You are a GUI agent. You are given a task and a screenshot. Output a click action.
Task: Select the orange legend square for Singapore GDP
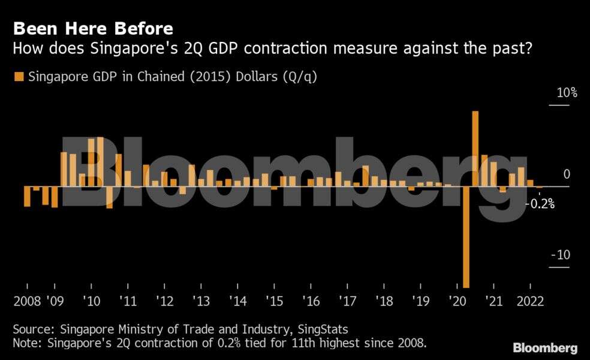[18, 77]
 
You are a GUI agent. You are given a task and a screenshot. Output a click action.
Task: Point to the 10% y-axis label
[566, 93]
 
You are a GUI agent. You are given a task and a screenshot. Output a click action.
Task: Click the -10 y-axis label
[561, 255]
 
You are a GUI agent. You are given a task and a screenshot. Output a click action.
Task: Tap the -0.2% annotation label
[540, 204]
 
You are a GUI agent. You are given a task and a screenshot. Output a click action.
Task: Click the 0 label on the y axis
[566, 174]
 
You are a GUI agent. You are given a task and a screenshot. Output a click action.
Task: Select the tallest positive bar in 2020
[475, 149]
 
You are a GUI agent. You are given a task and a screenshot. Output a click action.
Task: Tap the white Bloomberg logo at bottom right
[545, 348]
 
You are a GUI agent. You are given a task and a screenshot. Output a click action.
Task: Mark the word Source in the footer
[31, 329]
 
